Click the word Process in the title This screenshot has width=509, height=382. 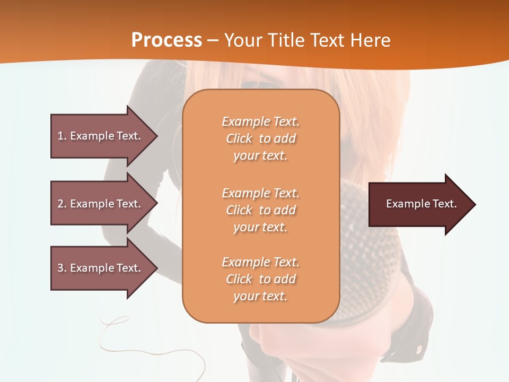pyautogui.click(x=166, y=40)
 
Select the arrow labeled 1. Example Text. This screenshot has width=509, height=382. pyautogui.click(x=101, y=136)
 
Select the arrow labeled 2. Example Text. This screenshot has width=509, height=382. pyautogui.click(x=101, y=204)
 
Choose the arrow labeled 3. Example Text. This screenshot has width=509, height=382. pyautogui.click(x=101, y=268)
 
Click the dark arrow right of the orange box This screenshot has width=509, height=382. pyautogui.click(x=419, y=204)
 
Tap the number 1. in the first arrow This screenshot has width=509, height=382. pyautogui.click(x=62, y=136)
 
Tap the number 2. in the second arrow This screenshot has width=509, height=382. pyautogui.click(x=62, y=204)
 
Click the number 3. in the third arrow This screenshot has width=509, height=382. pyautogui.click(x=62, y=268)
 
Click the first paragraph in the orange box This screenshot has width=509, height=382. pyautogui.click(x=260, y=138)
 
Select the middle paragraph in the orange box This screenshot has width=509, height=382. pyautogui.click(x=260, y=210)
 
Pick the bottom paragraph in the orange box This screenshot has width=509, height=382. pyautogui.click(x=260, y=279)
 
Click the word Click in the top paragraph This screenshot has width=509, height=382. pyautogui.click(x=239, y=138)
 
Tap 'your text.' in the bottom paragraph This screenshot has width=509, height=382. pyautogui.click(x=260, y=297)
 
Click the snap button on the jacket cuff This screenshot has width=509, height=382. pyautogui.click(x=420, y=349)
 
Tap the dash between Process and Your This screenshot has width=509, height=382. pyautogui.click(x=213, y=40)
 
